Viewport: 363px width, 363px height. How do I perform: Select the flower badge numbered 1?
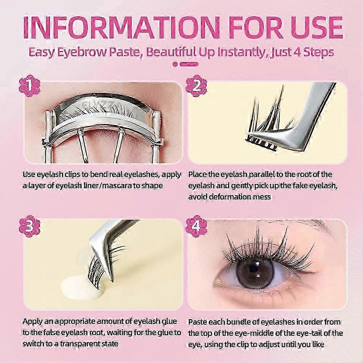pyautogui.click(x=29, y=86)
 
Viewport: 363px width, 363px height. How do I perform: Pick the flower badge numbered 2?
pyautogui.click(x=196, y=86)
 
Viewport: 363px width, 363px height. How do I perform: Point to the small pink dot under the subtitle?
pyautogui.click(x=175, y=64)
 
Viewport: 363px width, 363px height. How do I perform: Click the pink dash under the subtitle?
pyautogui.click(x=189, y=64)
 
